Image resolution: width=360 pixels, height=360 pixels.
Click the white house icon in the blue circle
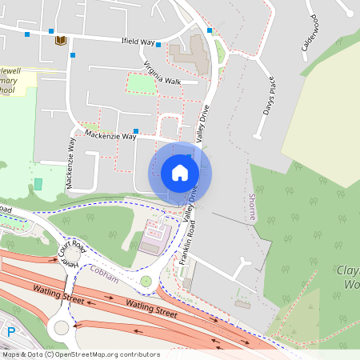tap(180, 172)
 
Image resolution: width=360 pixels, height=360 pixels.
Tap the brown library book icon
tap(59, 40)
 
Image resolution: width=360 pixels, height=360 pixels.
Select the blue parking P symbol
tap(11, 331)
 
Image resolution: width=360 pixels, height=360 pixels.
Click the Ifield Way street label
tap(137, 41)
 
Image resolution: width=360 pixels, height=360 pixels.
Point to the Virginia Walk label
tap(162, 75)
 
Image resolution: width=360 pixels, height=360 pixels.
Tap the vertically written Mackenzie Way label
tap(70, 162)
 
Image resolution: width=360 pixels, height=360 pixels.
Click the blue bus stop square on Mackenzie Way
tap(135, 131)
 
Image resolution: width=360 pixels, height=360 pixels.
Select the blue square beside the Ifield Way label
tap(158, 45)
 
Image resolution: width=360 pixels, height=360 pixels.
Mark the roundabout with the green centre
tap(146, 281)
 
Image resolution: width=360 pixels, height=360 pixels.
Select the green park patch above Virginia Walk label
tap(142, 82)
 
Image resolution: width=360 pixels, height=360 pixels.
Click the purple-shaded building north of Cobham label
tap(152, 239)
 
